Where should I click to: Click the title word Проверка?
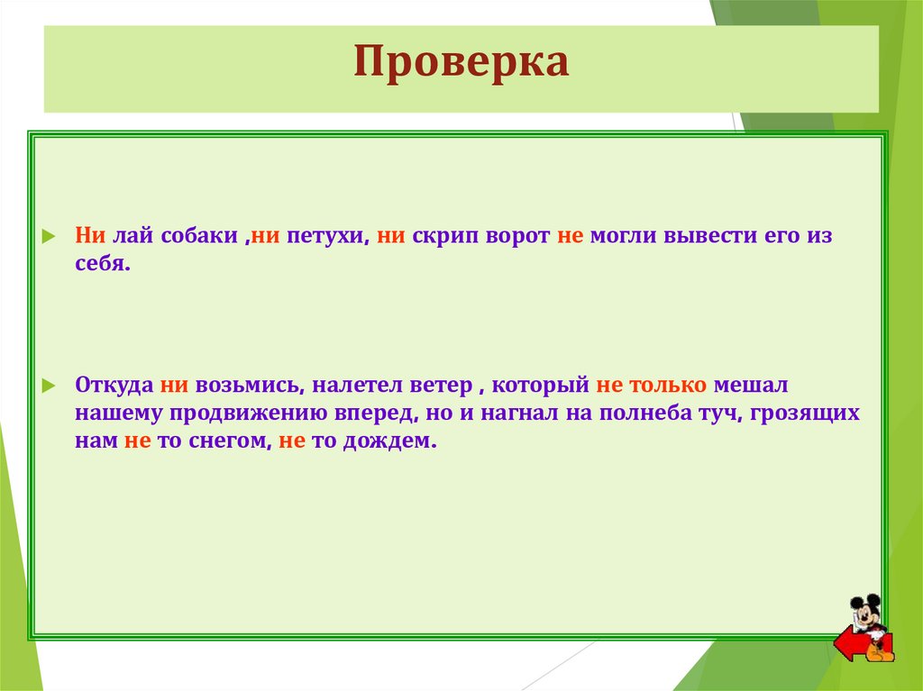pos(461,64)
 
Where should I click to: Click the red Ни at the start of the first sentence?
pos(91,236)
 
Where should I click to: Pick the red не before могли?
pos(572,236)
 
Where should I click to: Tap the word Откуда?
pos(114,385)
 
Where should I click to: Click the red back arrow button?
pos(849,645)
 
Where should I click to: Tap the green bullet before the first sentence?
pos(50,237)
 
